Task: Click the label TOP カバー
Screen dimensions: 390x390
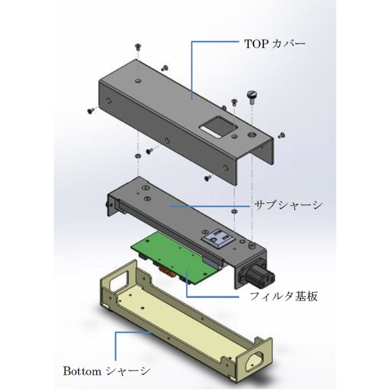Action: point(275,44)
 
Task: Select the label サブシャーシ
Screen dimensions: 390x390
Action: point(289,205)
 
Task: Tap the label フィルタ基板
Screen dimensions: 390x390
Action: point(283,296)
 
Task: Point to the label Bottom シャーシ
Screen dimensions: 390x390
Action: point(107,371)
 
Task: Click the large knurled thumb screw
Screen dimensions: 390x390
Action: point(252,97)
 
